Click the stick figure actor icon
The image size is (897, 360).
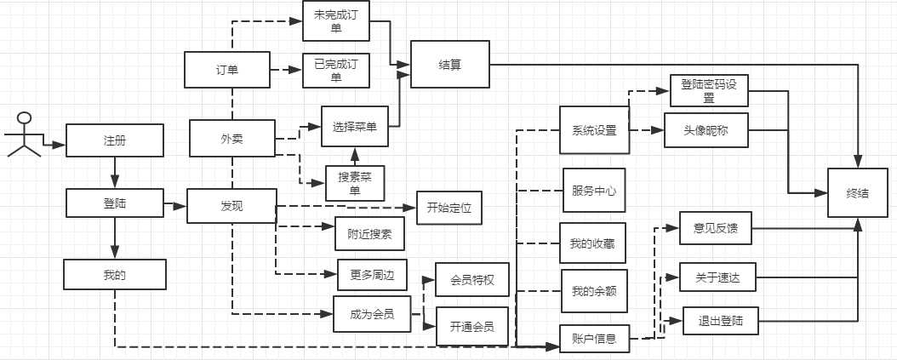coord(25,134)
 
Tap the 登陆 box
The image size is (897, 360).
coord(114,203)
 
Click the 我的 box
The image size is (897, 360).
coord(114,275)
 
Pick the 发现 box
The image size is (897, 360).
coord(231,205)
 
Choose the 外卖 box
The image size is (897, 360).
coord(231,138)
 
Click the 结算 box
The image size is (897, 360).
coord(450,65)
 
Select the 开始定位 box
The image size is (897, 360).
coord(449,206)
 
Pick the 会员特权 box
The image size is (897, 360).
coord(472,278)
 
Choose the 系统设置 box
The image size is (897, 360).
coord(593,129)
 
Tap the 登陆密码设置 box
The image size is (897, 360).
coord(708,91)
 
